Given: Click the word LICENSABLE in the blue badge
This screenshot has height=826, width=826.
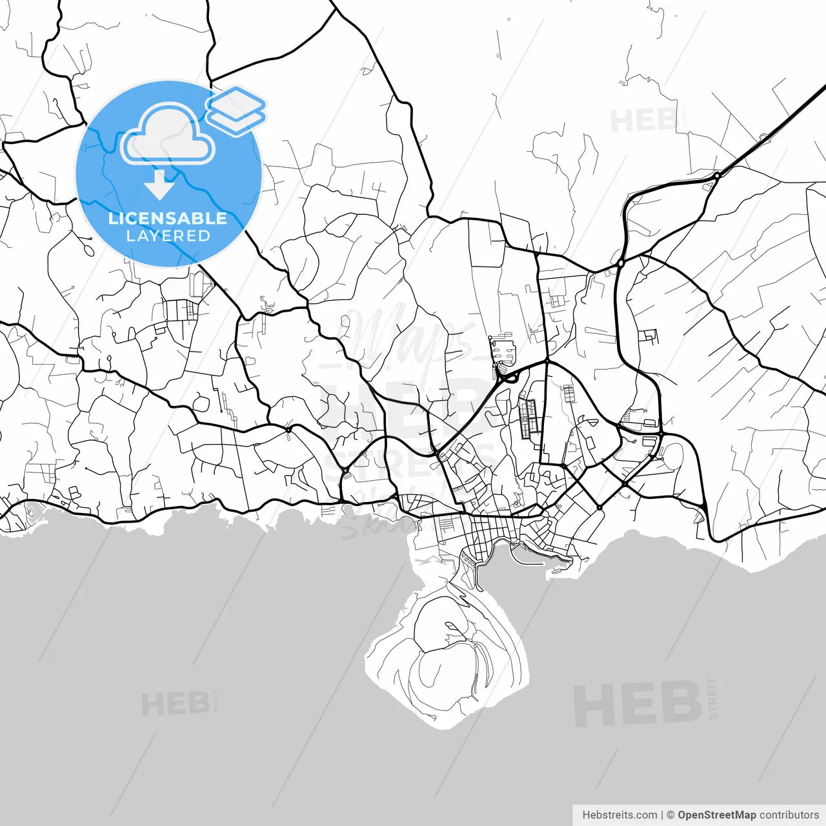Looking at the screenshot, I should [168, 218].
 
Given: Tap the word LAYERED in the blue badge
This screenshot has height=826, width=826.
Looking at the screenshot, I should [168, 236].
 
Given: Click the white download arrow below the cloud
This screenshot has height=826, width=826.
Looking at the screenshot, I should [159, 184].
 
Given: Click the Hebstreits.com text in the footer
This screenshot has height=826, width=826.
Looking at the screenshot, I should [619, 815].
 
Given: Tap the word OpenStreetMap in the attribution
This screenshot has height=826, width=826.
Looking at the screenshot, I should [716, 815].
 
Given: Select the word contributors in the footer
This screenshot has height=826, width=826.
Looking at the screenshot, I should [789, 815].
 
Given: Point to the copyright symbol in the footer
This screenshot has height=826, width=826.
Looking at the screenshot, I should [670, 815].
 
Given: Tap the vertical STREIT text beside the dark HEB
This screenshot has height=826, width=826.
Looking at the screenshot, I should [712, 698].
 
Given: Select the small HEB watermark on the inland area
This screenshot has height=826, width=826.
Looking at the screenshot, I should [643, 121].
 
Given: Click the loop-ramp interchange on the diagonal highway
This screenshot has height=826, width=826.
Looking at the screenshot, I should [510, 376].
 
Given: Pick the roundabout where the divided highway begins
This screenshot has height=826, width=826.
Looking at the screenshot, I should [717, 175].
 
